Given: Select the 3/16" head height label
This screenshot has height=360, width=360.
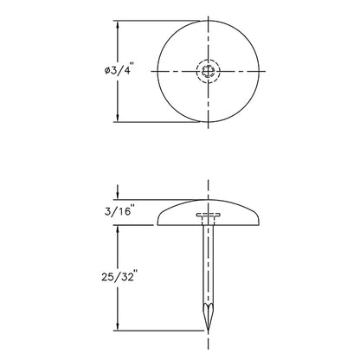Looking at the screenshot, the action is pyautogui.click(x=120, y=211).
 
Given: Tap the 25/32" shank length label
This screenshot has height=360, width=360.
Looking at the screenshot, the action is pyautogui.click(x=119, y=276).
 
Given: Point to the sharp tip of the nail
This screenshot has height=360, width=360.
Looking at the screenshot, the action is pyautogui.click(x=208, y=330).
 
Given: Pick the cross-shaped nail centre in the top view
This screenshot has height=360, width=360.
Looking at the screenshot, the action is pyautogui.click(x=209, y=71).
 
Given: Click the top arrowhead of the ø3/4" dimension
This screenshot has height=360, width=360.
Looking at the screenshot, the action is pyautogui.click(x=118, y=24).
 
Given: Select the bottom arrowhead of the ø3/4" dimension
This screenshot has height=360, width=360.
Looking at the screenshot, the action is pyautogui.click(x=118, y=119).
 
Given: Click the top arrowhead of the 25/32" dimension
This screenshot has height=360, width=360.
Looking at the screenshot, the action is pyautogui.click(x=118, y=228).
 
